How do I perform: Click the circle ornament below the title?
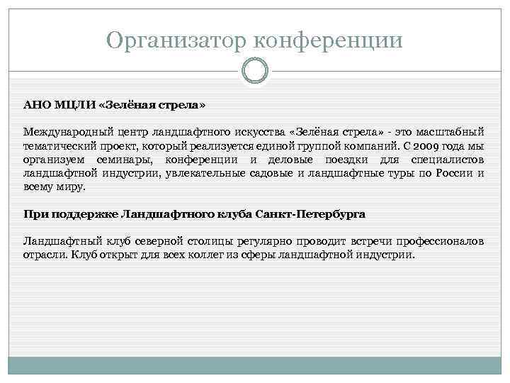[255, 71]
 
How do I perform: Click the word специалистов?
[447, 159]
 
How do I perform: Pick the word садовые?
[273, 173]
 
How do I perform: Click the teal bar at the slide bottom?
[255, 369]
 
